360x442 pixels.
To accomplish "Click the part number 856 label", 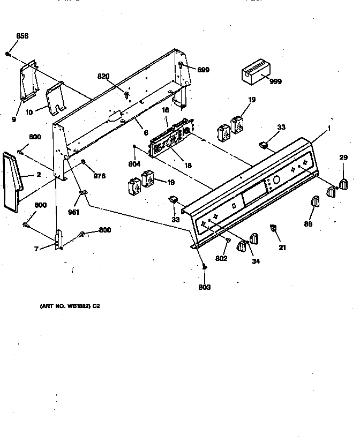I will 22,36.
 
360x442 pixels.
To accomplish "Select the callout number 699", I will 203,70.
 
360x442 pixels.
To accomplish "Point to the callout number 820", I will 104,77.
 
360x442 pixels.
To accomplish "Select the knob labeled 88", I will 314,204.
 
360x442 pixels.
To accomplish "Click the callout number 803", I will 204,287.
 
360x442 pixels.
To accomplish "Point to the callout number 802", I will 221,259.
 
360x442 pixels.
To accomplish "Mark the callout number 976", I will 100,175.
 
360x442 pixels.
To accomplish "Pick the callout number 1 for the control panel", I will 328,129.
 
